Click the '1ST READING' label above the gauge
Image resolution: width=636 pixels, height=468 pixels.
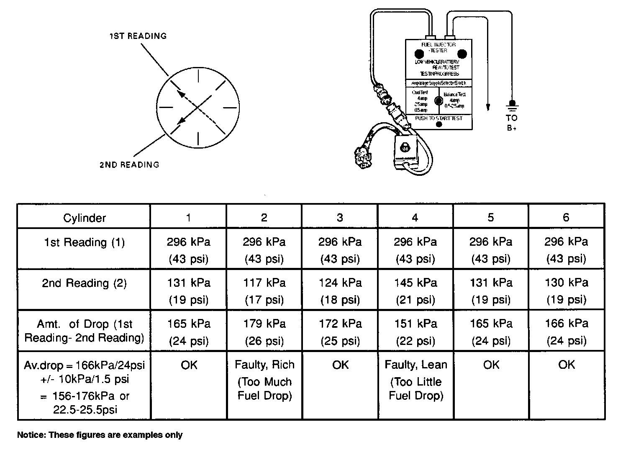click(138, 36)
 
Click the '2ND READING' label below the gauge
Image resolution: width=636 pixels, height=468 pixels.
click(129, 165)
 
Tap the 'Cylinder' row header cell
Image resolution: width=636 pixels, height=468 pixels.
click(84, 218)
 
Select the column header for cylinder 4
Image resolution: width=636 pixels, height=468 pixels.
click(415, 217)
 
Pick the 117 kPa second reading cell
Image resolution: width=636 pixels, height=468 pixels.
click(264, 291)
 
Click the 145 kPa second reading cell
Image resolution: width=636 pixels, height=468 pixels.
click(415, 291)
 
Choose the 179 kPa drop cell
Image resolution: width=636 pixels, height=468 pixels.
click(264, 332)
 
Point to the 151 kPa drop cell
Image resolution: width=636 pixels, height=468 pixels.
click(415, 332)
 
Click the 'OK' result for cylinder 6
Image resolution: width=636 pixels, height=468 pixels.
click(567, 365)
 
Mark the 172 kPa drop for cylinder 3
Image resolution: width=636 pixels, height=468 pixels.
click(340, 332)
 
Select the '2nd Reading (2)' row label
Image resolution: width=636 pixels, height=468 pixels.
click(84, 283)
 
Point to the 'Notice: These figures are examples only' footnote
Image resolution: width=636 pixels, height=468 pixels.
click(100, 435)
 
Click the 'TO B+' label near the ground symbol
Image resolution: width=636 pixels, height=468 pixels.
click(511, 123)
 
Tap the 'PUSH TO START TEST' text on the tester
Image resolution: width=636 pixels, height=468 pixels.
click(439, 118)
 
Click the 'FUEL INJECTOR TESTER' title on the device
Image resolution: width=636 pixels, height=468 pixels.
click(438, 47)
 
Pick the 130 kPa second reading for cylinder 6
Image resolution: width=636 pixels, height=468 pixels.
click(567, 291)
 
